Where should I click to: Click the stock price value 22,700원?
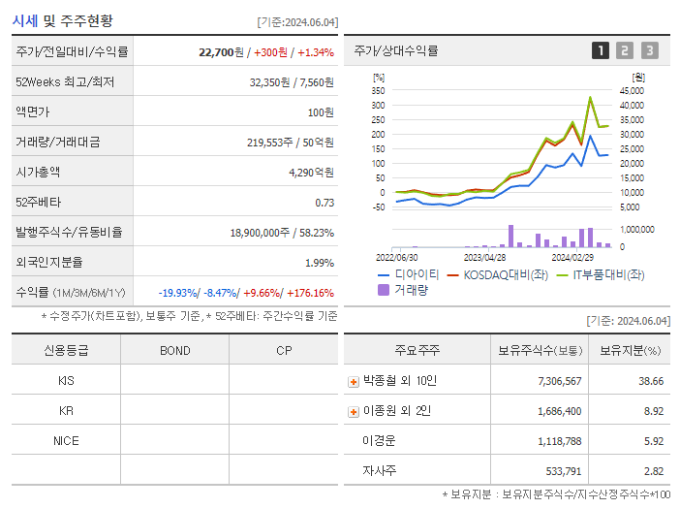coord(228,51)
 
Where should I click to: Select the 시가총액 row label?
coord(38,172)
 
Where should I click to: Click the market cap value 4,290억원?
coord(311,172)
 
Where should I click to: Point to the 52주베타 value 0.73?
coord(325,203)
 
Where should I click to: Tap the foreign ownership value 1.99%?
coord(319,263)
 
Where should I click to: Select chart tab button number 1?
coord(601,50)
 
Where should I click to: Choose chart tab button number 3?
coord(649,50)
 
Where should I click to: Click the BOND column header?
coord(174,350)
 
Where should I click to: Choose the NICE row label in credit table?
coord(66,440)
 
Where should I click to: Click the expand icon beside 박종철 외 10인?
coord(354,381)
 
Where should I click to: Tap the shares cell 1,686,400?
coord(552,411)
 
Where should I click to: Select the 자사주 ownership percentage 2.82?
coord(652,471)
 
